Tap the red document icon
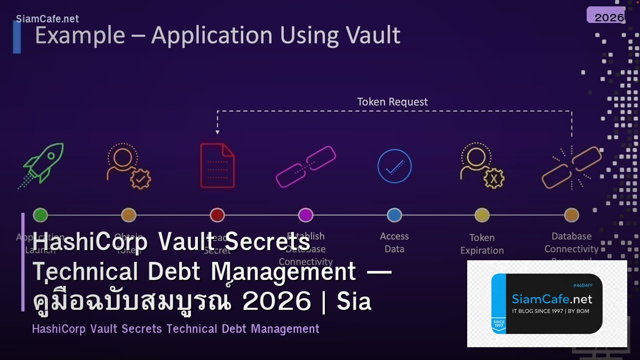pyautogui.click(x=217, y=165)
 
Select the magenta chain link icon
pyautogui.click(x=306, y=166)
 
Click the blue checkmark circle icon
pyautogui.click(x=394, y=166)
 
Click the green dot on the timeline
pyautogui.click(x=41, y=215)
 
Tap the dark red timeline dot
pyautogui.click(x=217, y=215)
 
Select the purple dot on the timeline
pyautogui.click(x=306, y=215)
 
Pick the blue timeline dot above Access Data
pyautogui.click(x=394, y=215)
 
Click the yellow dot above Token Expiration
pyautogui.click(x=482, y=215)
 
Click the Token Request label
pyautogui.click(x=392, y=102)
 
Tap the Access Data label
pyautogui.click(x=394, y=243)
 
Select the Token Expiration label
pyautogui.click(x=482, y=244)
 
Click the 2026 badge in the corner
pyautogui.click(x=609, y=17)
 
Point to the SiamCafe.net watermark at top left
pyautogui.click(x=47, y=19)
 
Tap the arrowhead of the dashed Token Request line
pyautogui.click(x=217, y=131)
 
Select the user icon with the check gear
pyautogui.click(x=129, y=166)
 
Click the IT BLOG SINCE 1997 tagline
pyautogui.click(x=550, y=311)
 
